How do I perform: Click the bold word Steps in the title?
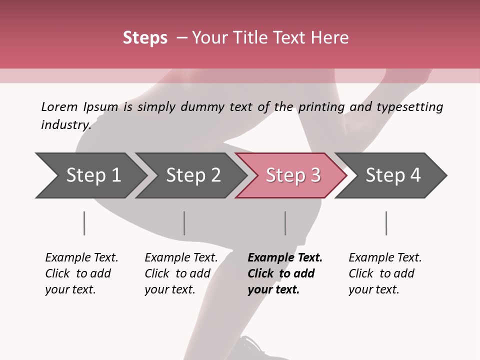(x=145, y=38)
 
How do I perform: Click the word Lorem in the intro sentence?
(x=59, y=107)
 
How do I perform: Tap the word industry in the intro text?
(x=66, y=124)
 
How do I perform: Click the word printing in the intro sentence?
(x=321, y=107)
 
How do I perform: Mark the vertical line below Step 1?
(x=84, y=223)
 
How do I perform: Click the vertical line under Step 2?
(x=184, y=223)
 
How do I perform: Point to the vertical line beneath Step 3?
(x=285, y=223)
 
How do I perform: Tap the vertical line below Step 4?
(x=386, y=223)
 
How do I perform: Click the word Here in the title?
(x=329, y=38)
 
